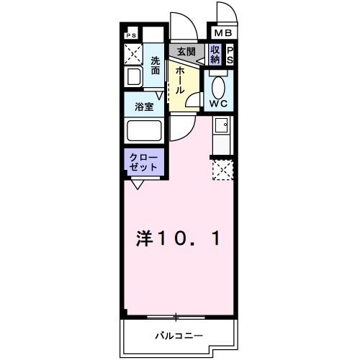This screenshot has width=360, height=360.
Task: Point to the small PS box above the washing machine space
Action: [x=131, y=34]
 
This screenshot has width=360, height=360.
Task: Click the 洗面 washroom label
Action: [x=156, y=66]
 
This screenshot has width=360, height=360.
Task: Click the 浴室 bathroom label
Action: [x=144, y=106]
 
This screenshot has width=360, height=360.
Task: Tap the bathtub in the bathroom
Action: [x=144, y=132]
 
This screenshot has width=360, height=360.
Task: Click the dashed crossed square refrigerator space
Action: [x=222, y=170]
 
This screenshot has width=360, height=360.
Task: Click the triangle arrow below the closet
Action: [x=136, y=185]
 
